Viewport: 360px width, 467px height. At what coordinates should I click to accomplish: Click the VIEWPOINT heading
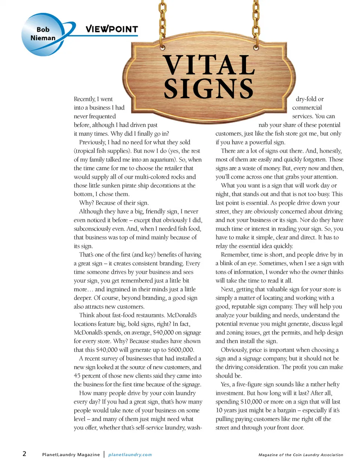click(112, 29)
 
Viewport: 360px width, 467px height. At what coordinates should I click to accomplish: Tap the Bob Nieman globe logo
click(43, 34)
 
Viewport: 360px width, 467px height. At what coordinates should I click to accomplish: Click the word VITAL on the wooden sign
click(209, 65)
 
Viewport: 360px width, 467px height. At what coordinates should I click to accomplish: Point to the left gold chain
click(162, 19)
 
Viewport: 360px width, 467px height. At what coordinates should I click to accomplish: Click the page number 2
click(24, 454)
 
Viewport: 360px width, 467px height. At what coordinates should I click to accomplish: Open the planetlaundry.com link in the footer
click(130, 455)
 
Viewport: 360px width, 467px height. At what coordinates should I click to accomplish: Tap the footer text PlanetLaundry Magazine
click(71, 455)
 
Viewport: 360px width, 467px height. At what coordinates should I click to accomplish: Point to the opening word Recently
click(85, 99)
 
